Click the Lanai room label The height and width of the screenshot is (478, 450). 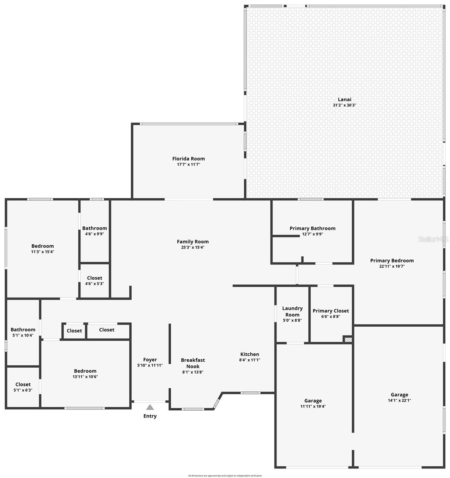[x=344, y=100]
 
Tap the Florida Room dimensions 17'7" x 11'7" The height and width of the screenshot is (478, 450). [x=189, y=164]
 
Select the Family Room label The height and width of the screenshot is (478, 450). [x=193, y=241]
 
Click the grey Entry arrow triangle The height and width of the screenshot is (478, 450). [x=150, y=407]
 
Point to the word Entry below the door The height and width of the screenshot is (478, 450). [x=150, y=416]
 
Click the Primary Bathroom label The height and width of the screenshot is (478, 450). [x=312, y=228]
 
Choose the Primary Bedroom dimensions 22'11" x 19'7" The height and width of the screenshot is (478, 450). [x=392, y=266]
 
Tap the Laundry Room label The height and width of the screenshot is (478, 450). [x=292, y=311]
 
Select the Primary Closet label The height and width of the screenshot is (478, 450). [x=331, y=311]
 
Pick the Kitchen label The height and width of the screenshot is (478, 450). [x=249, y=354]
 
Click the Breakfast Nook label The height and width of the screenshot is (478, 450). [x=193, y=363]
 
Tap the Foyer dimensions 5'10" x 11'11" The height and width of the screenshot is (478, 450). [x=150, y=365]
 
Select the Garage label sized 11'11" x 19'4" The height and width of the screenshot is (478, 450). [x=313, y=401]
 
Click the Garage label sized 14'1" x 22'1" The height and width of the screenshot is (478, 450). [x=399, y=395]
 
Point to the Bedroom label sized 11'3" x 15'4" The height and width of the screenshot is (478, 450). [x=43, y=246]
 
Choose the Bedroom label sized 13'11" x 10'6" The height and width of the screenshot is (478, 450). [x=85, y=371]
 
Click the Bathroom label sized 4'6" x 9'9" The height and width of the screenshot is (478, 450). [x=95, y=228]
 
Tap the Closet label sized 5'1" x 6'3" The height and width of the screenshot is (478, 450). [x=23, y=384]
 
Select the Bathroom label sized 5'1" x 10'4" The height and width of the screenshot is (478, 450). [x=23, y=329]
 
